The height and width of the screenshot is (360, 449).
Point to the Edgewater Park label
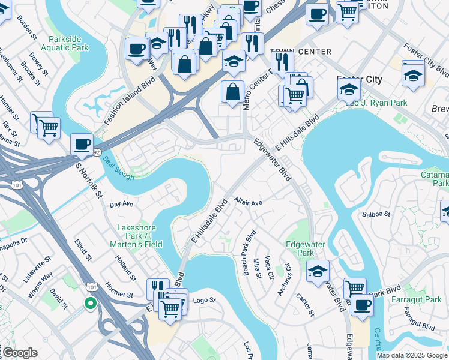coord(300,248)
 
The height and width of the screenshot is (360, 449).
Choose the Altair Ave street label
coord(249,202)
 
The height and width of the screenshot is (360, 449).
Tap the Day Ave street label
coord(121,205)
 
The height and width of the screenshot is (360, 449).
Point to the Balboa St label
coord(376,214)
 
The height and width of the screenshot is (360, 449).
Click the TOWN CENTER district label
coord(292,52)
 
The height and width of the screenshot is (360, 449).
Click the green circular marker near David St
coord(90,303)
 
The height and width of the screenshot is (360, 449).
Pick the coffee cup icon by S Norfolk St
coord(82,145)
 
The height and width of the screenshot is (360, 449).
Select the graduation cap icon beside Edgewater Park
coord(318,271)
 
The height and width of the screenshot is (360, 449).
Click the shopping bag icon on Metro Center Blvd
coord(232,92)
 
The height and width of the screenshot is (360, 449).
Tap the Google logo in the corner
coord(20,353)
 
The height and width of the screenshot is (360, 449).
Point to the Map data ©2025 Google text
coord(412,355)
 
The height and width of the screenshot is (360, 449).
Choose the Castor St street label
coord(305,305)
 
